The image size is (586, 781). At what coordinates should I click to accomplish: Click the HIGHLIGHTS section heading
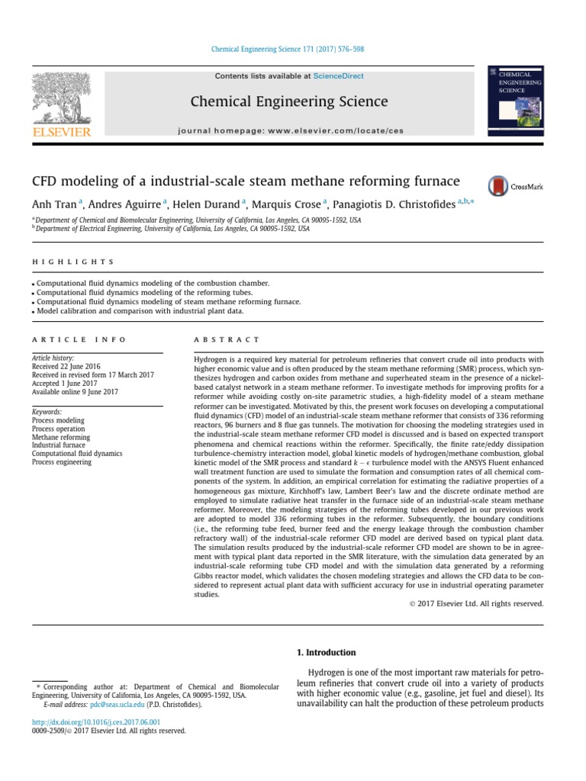coord(72,262)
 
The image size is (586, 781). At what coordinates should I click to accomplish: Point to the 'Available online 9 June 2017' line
coord(75,392)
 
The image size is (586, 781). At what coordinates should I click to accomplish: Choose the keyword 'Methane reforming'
coord(60,438)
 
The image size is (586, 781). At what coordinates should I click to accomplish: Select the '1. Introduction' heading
coord(325,653)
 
